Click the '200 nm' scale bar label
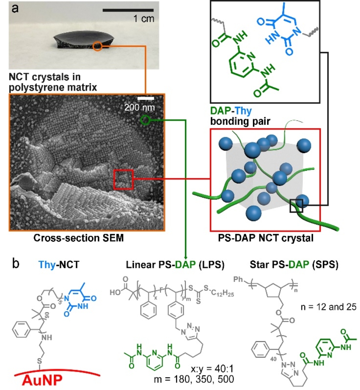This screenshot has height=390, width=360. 139,106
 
